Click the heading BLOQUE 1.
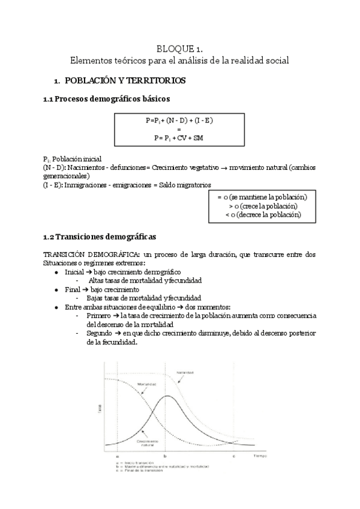tap(180, 49)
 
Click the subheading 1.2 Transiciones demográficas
tap(100, 236)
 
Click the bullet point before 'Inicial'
tap(56, 272)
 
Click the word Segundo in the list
tap(99, 332)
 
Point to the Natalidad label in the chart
tap(184, 373)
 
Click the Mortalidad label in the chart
tap(147, 384)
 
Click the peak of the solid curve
tap(167, 396)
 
